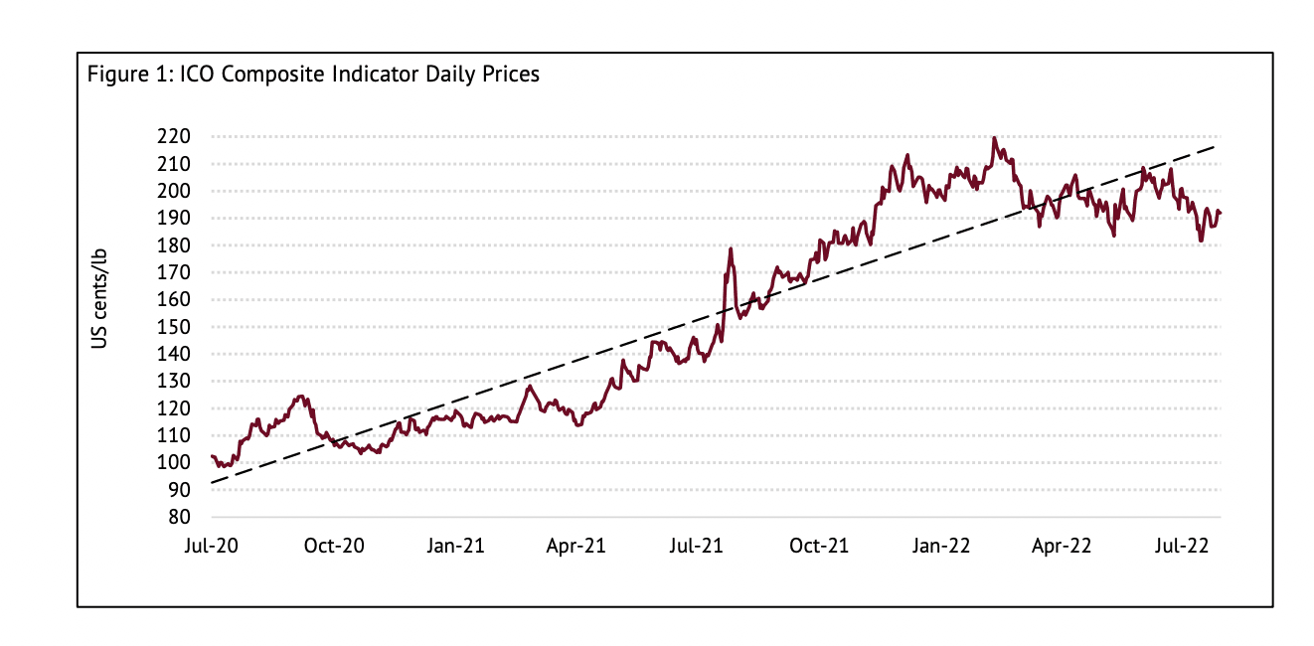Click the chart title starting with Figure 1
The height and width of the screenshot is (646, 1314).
pyautogui.click(x=313, y=75)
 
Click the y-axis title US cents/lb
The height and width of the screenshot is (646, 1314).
pyautogui.click(x=99, y=298)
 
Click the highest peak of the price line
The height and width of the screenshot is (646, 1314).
pyautogui.click(x=994, y=138)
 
